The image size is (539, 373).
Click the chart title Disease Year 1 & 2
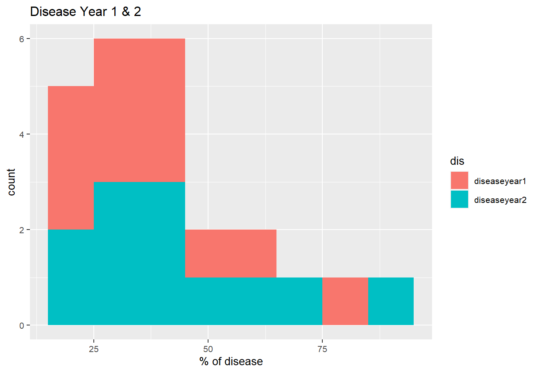(86, 11)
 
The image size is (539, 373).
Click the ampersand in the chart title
(126, 11)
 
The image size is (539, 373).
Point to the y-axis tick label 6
(22, 39)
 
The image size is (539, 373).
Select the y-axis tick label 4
(22, 134)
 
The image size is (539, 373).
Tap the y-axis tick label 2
(22, 230)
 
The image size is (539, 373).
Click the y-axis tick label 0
(22, 325)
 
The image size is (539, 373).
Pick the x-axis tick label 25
(94, 349)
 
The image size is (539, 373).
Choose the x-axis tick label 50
(208, 349)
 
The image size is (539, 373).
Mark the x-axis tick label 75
(322, 349)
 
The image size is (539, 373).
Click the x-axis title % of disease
(231, 362)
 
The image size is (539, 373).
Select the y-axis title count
(11, 182)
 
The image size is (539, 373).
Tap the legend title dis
(457, 161)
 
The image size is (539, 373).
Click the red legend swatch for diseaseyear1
(460, 180)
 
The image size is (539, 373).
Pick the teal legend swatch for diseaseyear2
(460, 199)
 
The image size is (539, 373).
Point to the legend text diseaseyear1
(500, 181)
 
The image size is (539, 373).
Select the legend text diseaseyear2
(500, 200)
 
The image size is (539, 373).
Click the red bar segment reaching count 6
(139, 110)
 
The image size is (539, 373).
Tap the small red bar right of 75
(345, 301)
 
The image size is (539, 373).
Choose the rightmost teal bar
(391, 301)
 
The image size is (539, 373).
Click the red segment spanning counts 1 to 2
(231, 254)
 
